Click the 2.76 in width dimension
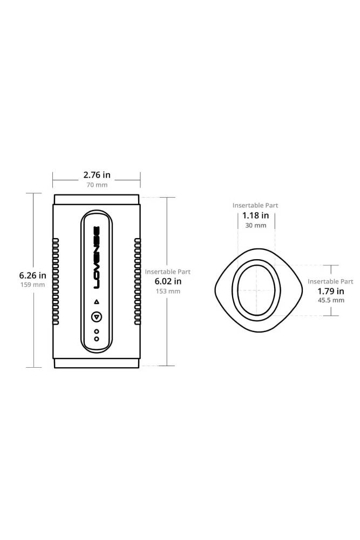point(97,175)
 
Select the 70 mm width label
point(97,185)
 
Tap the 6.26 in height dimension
point(32,275)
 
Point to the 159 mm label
point(32,285)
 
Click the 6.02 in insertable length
point(167,281)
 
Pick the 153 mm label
point(167,291)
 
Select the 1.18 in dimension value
point(255,215)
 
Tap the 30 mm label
point(255,225)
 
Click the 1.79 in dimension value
point(330,291)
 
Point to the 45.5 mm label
point(330,300)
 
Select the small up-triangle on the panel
point(96,301)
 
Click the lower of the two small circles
point(96,339)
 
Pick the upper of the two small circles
point(96,331)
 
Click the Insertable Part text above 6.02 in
point(167,272)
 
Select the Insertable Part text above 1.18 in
point(255,206)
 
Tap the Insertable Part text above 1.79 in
point(330,281)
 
